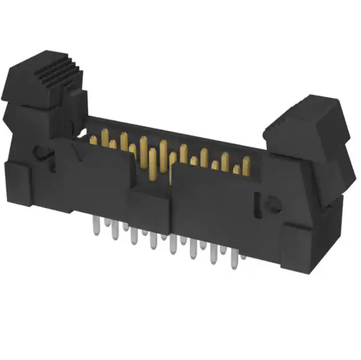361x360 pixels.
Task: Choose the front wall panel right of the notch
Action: pos(214,203)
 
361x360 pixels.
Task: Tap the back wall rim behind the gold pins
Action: pos(176,128)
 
